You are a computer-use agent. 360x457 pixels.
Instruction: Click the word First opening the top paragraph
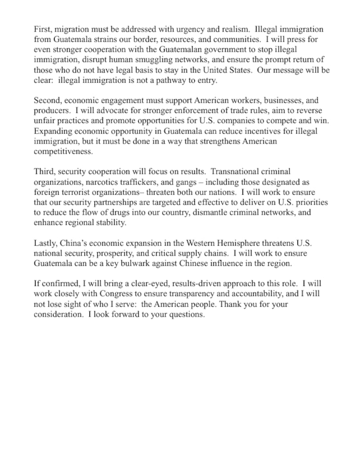point(42,30)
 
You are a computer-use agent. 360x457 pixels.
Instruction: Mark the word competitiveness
point(63,152)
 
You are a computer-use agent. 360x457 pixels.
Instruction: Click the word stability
point(112,223)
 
